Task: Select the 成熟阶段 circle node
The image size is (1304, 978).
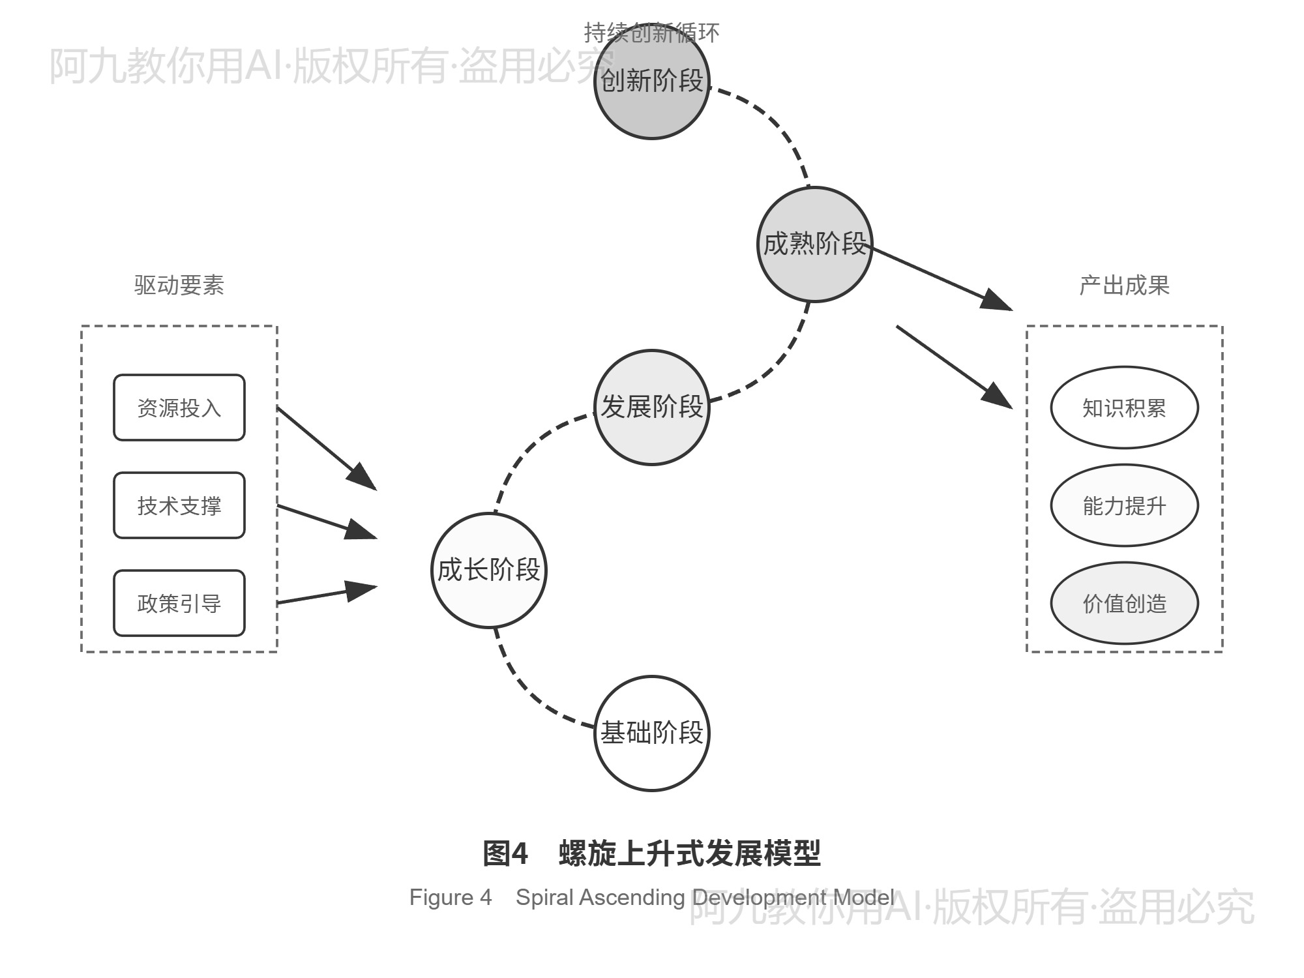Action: tap(814, 244)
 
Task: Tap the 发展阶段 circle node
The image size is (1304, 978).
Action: tap(651, 407)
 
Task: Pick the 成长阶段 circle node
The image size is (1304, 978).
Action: tap(488, 570)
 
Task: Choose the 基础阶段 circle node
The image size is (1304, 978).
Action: tap(651, 733)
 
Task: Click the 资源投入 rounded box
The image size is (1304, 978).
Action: tap(179, 407)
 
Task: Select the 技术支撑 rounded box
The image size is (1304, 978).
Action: tap(179, 505)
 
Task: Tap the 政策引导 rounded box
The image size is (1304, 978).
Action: tap(179, 603)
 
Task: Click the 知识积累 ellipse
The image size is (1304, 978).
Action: tap(1124, 407)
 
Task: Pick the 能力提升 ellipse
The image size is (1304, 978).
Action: tap(1124, 505)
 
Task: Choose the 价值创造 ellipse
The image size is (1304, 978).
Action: tap(1124, 603)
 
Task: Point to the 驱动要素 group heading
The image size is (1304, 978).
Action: tap(179, 285)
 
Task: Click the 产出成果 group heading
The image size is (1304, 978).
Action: tap(1124, 285)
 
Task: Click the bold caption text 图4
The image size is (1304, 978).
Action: tap(505, 853)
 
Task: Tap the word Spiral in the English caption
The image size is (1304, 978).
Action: tap(544, 898)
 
